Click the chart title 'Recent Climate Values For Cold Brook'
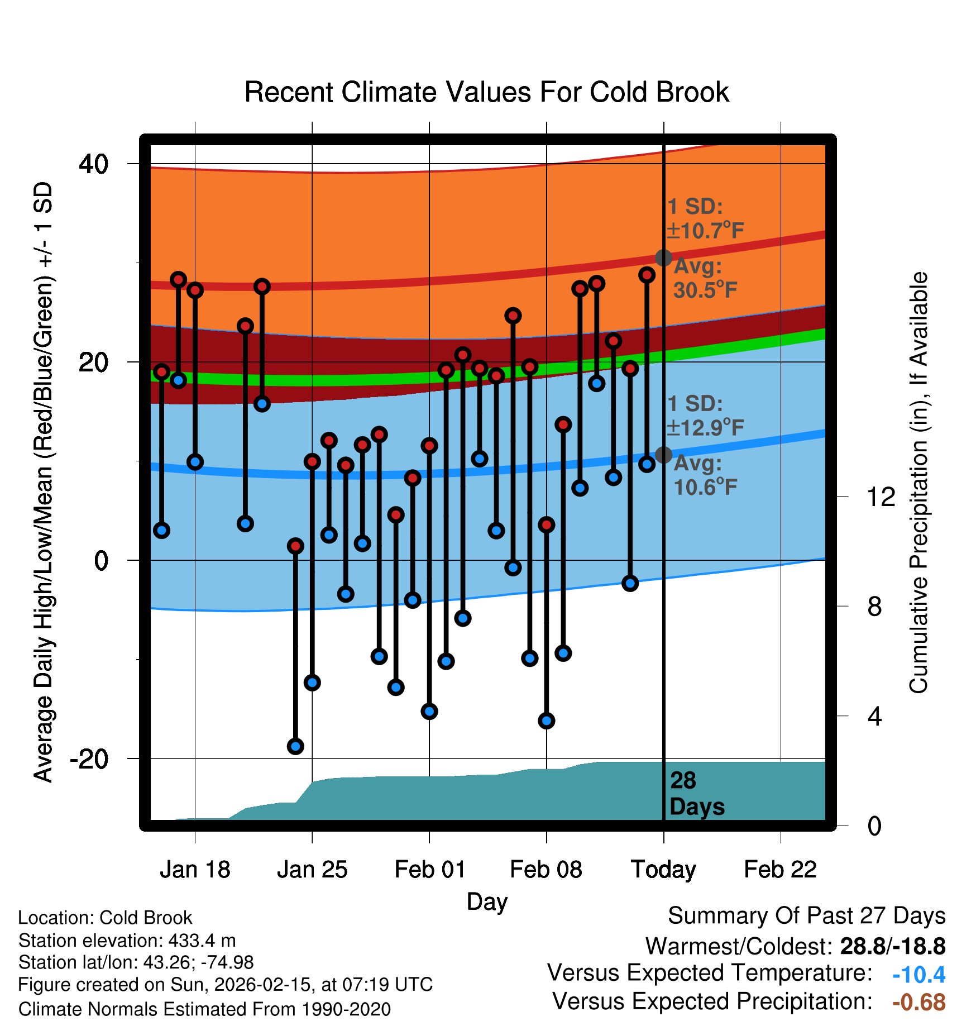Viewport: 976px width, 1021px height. click(x=486, y=92)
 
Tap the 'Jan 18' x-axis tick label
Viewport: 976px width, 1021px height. click(x=195, y=870)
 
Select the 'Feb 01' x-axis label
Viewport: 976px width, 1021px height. click(x=429, y=870)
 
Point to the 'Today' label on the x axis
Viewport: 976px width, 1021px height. click(x=663, y=870)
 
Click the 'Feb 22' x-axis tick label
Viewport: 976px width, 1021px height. click(x=780, y=870)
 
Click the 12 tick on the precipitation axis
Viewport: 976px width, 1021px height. click(x=881, y=497)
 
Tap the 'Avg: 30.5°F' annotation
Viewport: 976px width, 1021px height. click(x=705, y=278)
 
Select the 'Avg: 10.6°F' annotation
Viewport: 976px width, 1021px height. click(x=705, y=475)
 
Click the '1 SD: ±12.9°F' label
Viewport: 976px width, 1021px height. click(x=705, y=416)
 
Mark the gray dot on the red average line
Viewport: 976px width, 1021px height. click(x=663, y=257)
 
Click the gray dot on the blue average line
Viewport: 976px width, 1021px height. click(x=663, y=455)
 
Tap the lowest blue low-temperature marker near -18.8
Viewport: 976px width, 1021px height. click(x=295, y=746)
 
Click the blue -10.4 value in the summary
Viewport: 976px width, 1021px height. click(x=918, y=975)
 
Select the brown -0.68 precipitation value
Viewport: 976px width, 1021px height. click(x=918, y=1002)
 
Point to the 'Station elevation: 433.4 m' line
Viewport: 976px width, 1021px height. click(x=127, y=941)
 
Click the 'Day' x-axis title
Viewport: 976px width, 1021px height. click(x=487, y=901)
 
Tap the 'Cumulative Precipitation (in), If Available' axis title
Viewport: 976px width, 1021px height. click(x=918, y=483)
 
